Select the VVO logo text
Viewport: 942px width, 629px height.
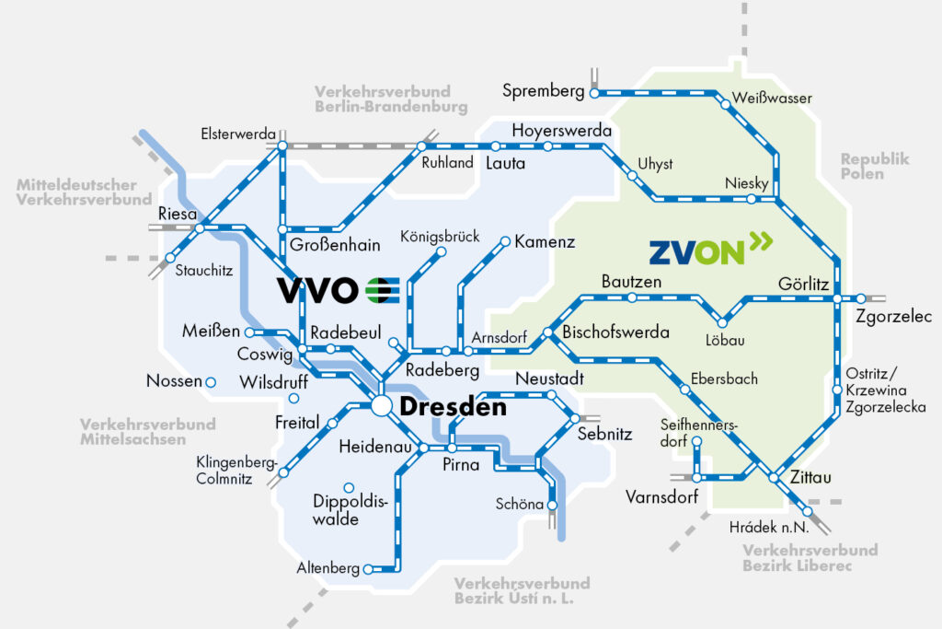pyautogui.click(x=317, y=290)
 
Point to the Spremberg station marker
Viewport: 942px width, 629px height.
pyautogui.click(x=594, y=93)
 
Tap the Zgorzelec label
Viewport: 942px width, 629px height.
pyautogui.click(x=893, y=317)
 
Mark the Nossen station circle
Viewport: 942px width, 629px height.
pyautogui.click(x=211, y=381)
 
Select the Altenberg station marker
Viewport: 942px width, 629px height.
pyautogui.click(x=369, y=569)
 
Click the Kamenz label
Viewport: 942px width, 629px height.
pyautogui.click(x=545, y=242)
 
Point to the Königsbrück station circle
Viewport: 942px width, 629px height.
pyautogui.click(x=441, y=252)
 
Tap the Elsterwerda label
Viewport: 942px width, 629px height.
pyautogui.click(x=238, y=134)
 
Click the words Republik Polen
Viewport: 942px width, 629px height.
pyautogui.click(x=875, y=166)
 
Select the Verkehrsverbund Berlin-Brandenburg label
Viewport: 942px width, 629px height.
pyautogui.click(x=391, y=99)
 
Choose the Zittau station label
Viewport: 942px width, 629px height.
pyautogui.click(x=810, y=478)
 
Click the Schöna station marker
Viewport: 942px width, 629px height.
pyautogui.click(x=552, y=505)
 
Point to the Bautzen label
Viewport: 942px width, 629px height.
pyautogui.click(x=631, y=281)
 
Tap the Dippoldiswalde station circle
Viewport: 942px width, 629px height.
pyautogui.click(x=348, y=487)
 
